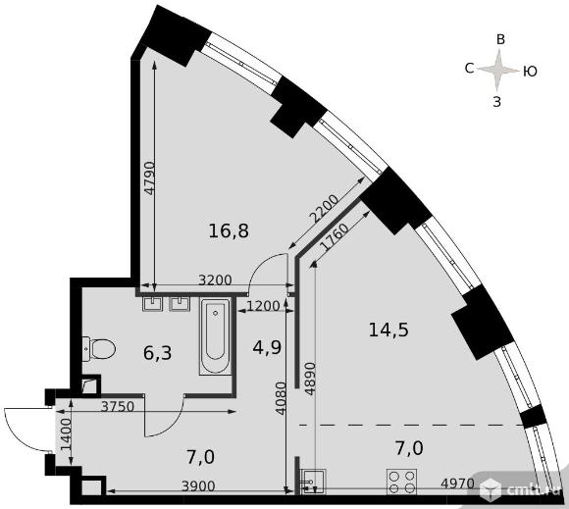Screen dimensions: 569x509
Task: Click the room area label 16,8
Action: pos(229,230)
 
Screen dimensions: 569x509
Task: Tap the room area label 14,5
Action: pos(388,331)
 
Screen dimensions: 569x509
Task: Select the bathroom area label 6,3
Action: pos(158,353)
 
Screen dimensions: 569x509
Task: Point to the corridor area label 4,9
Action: pos(267,347)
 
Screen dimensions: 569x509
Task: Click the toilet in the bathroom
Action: pos(99,349)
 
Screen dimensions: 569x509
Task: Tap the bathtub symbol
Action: pos(215,336)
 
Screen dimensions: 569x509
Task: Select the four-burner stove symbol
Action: pos(401,482)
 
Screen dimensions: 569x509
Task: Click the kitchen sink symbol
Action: pos(313,482)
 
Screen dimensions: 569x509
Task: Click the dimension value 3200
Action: pos(216,280)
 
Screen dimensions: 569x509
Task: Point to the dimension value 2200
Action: pos(323,209)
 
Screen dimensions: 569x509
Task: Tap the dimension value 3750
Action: pos(118,406)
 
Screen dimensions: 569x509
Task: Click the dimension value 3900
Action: pos(198,485)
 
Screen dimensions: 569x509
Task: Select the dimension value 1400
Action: pos(65,435)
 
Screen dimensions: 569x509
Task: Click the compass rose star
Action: pos(498,70)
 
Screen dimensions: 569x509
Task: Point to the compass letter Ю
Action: pos(530,72)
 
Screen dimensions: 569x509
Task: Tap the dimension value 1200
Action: pos(263,307)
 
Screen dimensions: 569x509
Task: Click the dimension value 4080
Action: pos(281,398)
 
